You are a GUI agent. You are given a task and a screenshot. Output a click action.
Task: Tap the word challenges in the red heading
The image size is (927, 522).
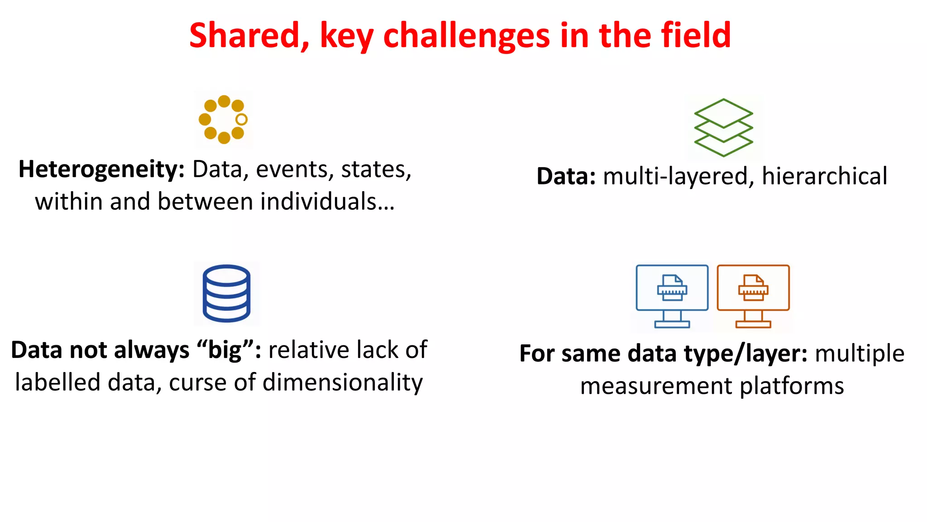click(x=467, y=36)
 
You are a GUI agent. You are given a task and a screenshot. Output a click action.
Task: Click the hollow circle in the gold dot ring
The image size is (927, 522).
click(x=242, y=120)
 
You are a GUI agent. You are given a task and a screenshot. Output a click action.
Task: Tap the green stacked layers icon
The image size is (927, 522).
click(x=723, y=128)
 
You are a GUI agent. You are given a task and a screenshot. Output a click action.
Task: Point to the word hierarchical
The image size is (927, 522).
click(x=824, y=176)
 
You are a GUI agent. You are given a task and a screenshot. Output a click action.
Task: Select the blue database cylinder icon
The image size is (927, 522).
click(x=226, y=293)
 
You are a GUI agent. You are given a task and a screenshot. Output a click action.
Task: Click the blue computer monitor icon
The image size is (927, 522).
click(x=672, y=295)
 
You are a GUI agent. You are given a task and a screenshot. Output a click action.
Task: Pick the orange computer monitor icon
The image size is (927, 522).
click(x=753, y=295)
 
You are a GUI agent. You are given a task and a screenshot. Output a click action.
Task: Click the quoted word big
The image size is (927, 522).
click(x=225, y=350)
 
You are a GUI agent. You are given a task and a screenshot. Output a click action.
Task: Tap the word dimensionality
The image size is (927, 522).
click(x=343, y=382)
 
